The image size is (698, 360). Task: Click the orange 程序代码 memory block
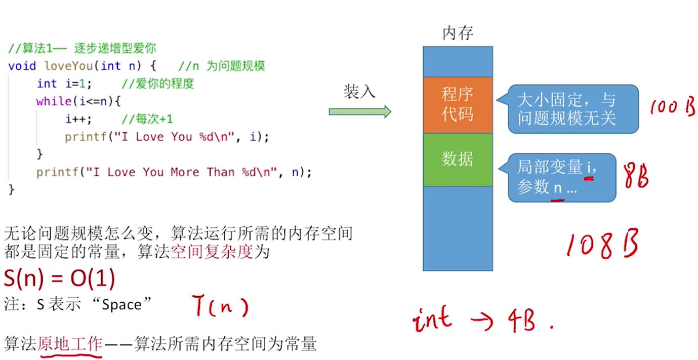pyautogui.click(x=458, y=105)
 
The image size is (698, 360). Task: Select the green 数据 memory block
pyautogui.click(x=458, y=159)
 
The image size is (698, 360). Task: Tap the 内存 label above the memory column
pyautogui.click(x=458, y=34)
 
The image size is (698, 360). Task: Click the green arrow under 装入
pyautogui.click(x=360, y=111)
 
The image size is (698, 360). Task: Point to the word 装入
pyautogui.click(x=359, y=92)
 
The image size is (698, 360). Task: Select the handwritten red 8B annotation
pyautogui.click(x=636, y=177)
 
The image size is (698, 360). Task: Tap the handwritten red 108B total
pyautogui.click(x=601, y=245)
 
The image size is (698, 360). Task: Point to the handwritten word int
pyautogui.click(x=433, y=319)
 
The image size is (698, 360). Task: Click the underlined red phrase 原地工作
pyautogui.click(x=70, y=344)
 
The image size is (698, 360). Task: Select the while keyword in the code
pyautogui.click(x=54, y=101)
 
